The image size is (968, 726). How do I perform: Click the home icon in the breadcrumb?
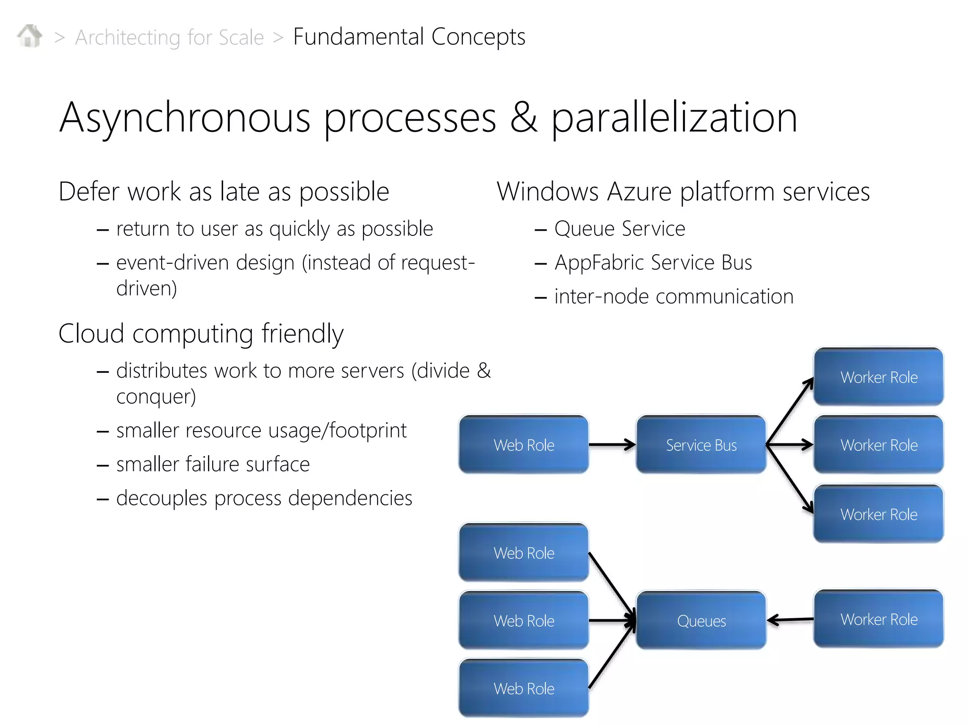(30, 36)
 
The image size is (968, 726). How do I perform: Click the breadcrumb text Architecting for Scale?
(169, 37)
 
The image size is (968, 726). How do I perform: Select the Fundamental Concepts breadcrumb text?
(409, 36)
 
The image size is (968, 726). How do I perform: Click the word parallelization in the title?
(674, 118)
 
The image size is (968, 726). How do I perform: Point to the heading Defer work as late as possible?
(224, 191)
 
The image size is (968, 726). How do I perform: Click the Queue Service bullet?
(619, 229)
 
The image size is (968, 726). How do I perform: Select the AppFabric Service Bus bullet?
(653, 263)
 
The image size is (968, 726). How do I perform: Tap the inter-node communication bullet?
(674, 297)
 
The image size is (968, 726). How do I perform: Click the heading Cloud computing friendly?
(201, 334)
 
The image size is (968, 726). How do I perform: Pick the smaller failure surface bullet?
(213, 464)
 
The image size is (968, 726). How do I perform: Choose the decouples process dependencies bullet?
(264, 498)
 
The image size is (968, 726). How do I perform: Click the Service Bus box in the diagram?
(701, 445)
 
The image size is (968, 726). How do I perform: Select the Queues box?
(701, 621)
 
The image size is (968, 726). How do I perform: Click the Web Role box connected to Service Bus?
(524, 445)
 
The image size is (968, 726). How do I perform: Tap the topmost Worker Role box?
(879, 377)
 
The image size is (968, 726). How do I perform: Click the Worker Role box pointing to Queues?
(879, 619)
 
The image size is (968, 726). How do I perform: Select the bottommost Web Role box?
(524, 688)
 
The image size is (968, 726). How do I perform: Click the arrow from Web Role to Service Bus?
(612, 445)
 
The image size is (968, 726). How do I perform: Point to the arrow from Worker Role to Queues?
(790, 620)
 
